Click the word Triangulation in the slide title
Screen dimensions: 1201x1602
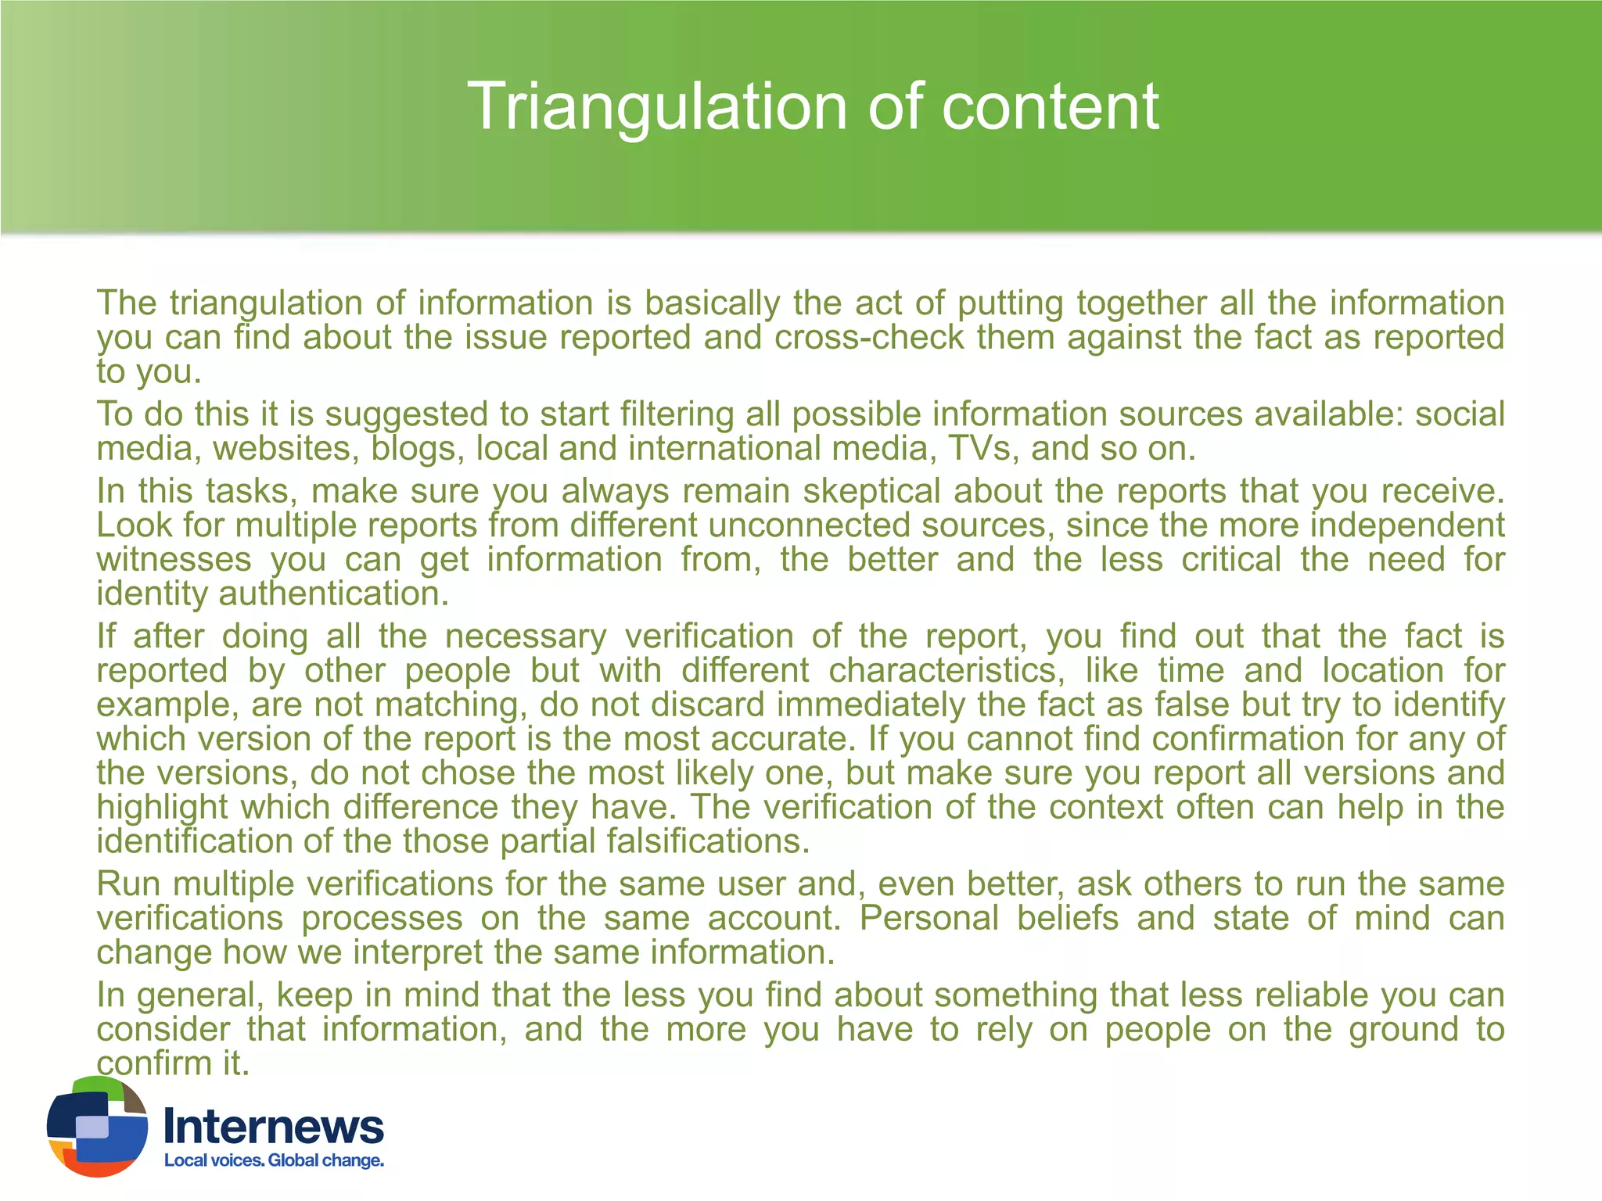pos(658,107)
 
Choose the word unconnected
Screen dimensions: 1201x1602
pos(808,525)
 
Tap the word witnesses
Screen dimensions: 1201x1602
pos(174,560)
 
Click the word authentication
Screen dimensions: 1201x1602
pos(334,594)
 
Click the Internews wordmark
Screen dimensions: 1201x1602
pos(274,1127)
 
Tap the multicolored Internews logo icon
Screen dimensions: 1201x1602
pos(97,1126)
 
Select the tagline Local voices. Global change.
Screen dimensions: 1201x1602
pos(274,1160)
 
